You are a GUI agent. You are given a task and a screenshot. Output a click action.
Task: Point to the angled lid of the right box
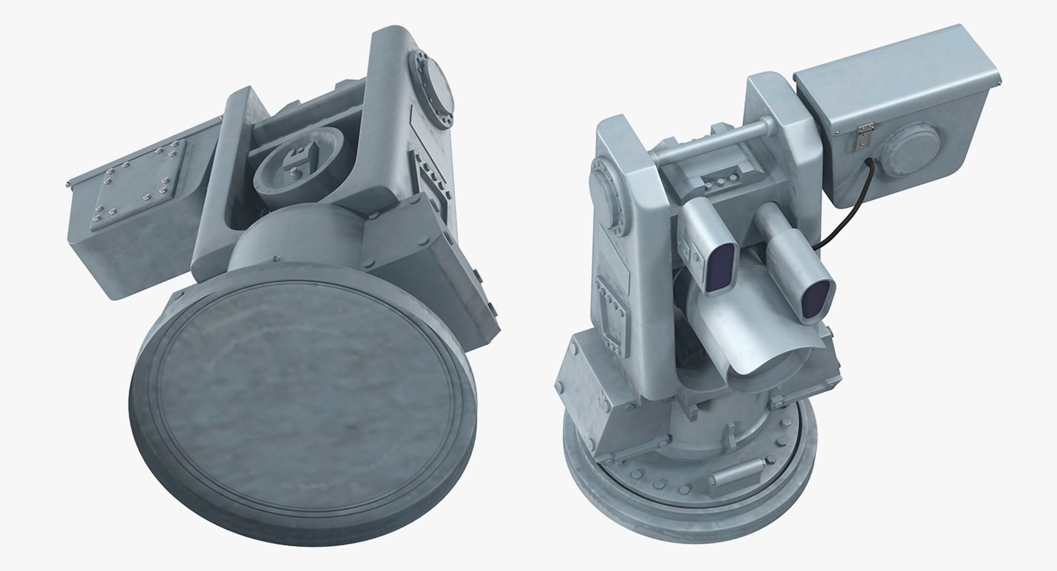point(875,55)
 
